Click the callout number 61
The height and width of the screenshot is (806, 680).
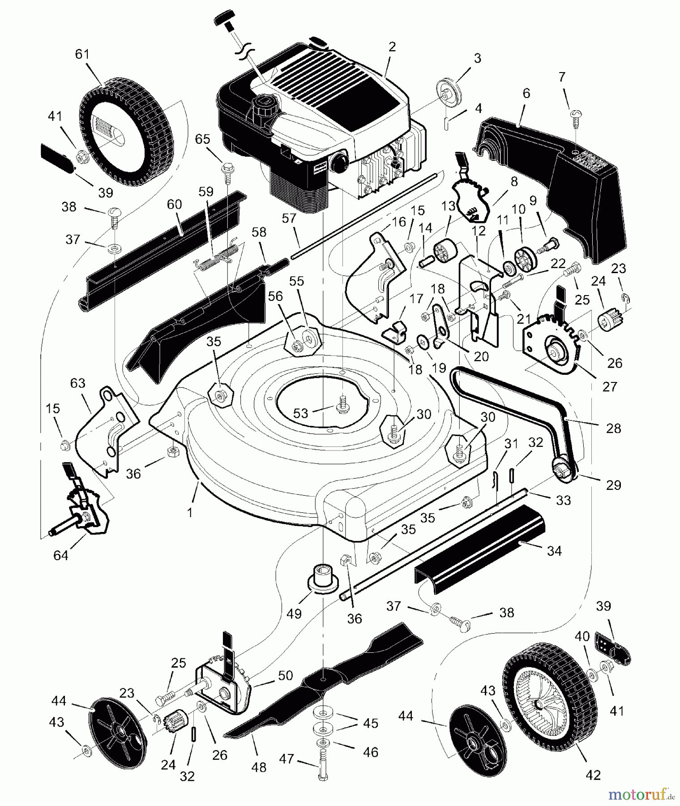pos(82,54)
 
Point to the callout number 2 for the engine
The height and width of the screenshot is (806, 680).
pos(392,47)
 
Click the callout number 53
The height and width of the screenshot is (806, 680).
pos(300,412)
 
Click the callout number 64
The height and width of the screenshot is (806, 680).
pos(61,555)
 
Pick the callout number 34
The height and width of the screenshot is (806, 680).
pos(554,550)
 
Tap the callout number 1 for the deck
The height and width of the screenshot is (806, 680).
pos(190,512)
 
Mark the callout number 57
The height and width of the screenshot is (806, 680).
pos(290,219)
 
